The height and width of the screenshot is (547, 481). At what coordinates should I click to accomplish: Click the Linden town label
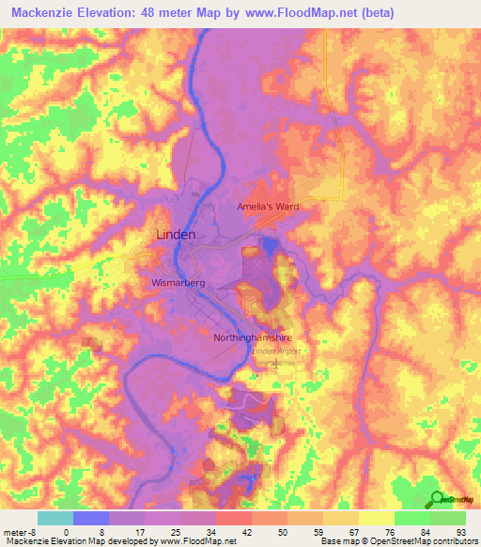point(175,234)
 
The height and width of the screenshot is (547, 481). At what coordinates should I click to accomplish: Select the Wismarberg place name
point(178,281)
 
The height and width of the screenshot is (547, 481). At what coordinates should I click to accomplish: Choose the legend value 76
point(393,531)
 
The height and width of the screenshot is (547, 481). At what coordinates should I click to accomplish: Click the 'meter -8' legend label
point(19,531)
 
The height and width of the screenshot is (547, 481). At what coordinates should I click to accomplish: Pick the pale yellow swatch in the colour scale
point(375,518)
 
